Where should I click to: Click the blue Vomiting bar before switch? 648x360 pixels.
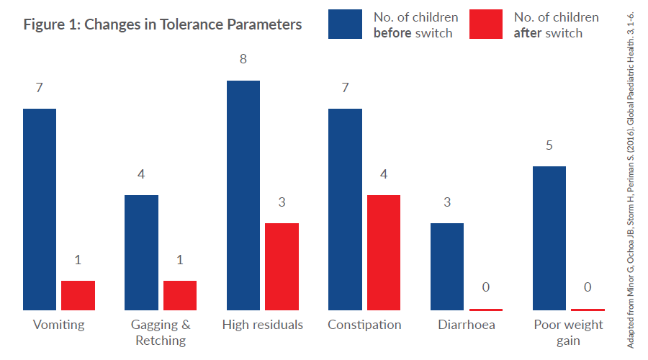[x=40, y=209]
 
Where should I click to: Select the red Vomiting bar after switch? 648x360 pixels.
[x=78, y=295]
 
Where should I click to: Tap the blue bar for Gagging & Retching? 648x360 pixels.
[x=141, y=252]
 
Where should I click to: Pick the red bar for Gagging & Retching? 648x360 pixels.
[x=180, y=295]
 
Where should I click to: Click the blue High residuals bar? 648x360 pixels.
[x=243, y=195]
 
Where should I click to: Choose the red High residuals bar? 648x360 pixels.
[x=282, y=266]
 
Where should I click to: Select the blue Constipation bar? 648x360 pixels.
[x=346, y=209]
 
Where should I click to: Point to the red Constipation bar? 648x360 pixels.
[x=384, y=252]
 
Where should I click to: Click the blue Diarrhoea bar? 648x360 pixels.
[x=447, y=266]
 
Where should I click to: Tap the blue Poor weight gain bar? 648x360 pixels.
[x=549, y=238]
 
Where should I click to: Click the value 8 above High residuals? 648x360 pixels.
[x=243, y=59]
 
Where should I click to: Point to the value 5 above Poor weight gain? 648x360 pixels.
[x=549, y=145]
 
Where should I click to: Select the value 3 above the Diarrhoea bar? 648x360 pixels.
[x=447, y=202]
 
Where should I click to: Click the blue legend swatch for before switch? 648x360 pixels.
[x=346, y=24]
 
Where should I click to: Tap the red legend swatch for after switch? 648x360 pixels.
[x=486, y=24]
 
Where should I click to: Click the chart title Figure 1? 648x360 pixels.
[x=163, y=24]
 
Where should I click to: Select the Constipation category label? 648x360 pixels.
[x=364, y=325]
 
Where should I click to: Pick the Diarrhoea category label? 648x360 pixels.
[x=467, y=325]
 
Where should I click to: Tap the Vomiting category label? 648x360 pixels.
[x=58, y=325]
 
